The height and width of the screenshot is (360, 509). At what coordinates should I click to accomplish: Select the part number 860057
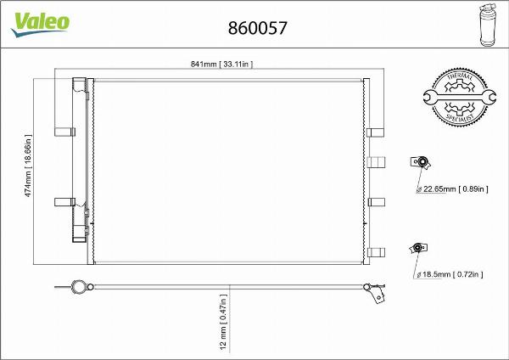click(x=258, y=26)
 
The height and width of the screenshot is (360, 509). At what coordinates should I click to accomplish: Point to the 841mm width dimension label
click(x=222, y=65)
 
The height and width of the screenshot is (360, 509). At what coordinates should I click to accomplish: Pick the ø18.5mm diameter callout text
click(x=449, y=274)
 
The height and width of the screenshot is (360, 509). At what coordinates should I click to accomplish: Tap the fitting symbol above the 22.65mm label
click(x=420, y=161)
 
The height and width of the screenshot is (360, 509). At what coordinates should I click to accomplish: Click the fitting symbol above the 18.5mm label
click(x=417, y=248)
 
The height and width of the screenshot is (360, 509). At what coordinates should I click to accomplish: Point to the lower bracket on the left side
click(x=64, y=201)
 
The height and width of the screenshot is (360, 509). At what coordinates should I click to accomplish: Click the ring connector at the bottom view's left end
click(x=78, y=287)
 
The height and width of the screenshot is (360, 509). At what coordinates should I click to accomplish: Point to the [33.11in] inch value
click(x=237, y=65)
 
